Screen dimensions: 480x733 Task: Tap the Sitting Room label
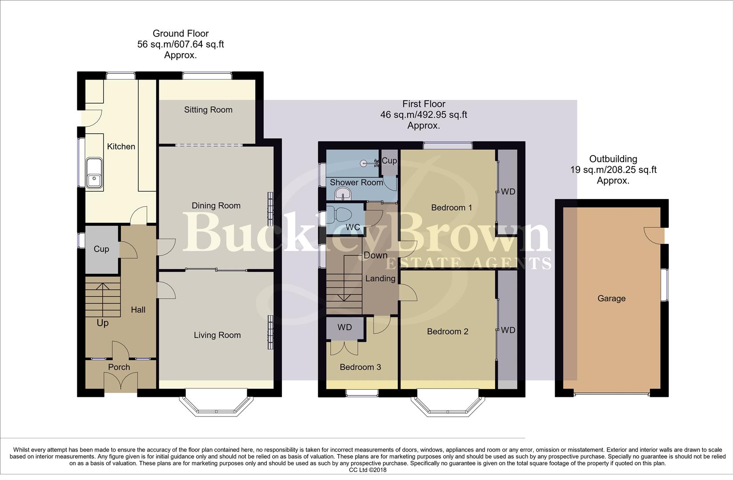[x=208, y=110]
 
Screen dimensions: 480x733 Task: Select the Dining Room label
[x=216, y=205]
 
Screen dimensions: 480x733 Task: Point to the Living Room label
[x=217, y=335]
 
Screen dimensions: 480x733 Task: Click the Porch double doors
[x=121, y=382]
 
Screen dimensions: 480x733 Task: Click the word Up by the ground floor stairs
[x=102, y=323]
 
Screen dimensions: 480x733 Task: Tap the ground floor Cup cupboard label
[x=101, y=249]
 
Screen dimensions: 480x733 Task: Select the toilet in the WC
[x=341, y=215]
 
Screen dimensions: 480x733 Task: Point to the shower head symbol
[x=365, y=163]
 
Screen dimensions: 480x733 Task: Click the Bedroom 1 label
[x=452, y=208]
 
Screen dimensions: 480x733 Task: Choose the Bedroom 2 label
[x=448, y=332]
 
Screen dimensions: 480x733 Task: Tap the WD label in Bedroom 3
[x=344, y=328]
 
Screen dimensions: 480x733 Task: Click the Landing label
[x=380, y=279]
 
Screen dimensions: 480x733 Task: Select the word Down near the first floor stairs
[x=376, y=256]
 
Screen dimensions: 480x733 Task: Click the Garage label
[x=611, y=299]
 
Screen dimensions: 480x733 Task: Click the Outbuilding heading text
[x=613, y=159]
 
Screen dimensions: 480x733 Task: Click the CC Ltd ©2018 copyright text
[x=367, y=470]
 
